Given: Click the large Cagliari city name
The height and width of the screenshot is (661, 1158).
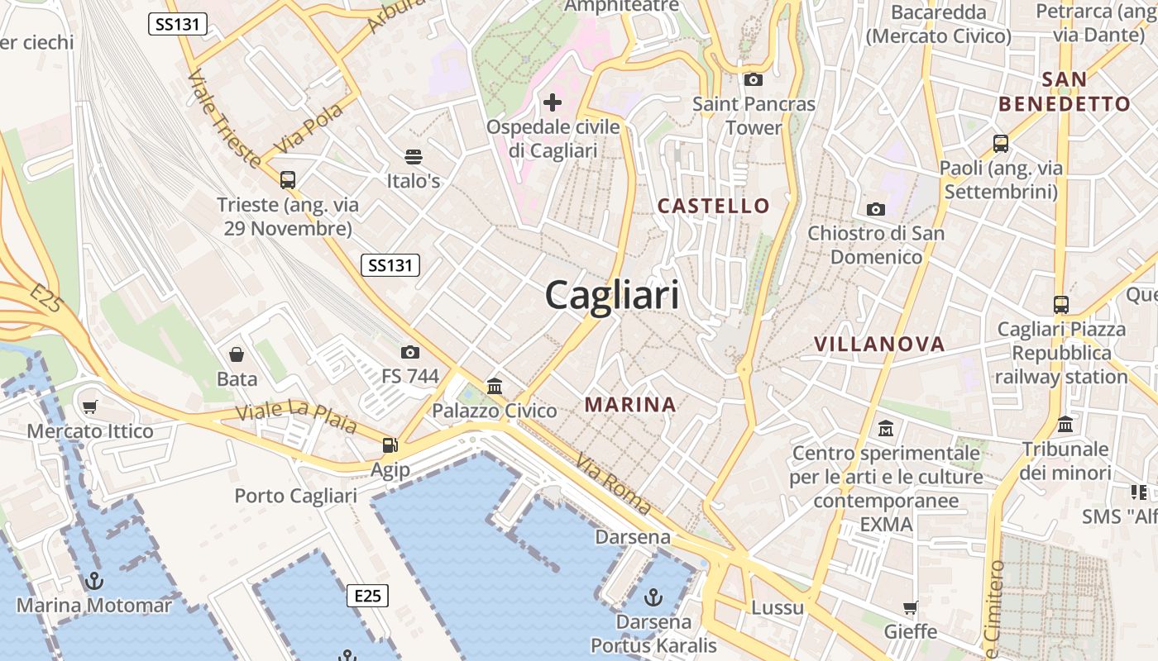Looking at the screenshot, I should [612, 295].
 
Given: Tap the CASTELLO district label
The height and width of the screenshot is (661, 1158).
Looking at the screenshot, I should [713, 206].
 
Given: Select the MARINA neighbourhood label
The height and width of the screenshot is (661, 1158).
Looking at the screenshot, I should [630, 405].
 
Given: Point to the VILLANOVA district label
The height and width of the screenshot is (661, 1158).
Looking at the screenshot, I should [878, 345].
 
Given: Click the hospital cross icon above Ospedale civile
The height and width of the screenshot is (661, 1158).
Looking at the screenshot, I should [553, 102].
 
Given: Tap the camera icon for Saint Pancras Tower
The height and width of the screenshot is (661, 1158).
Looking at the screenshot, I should [753, 80].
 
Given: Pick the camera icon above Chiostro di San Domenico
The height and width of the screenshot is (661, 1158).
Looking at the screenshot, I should [875, 210].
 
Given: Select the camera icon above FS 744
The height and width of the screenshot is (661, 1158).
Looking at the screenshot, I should [409, 353].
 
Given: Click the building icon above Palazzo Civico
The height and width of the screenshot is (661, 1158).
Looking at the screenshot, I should [495, 386].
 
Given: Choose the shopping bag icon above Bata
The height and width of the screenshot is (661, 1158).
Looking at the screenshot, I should [237, 355].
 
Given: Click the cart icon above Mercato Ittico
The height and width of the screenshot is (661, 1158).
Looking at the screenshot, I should [89, 407].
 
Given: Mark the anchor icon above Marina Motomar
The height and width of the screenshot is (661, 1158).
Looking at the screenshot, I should [93, 581].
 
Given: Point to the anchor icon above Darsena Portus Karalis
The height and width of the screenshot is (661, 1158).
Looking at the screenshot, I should [653, 596].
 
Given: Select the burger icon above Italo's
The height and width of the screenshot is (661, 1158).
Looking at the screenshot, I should [413, 156].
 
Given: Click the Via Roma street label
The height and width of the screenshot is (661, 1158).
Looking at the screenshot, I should [614, 484].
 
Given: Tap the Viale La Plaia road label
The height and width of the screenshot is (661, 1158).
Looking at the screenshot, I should [295, 417].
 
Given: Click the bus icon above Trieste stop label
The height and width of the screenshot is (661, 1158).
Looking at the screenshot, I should [287, 179].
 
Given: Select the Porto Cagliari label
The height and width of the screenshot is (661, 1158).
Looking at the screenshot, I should [295, 496].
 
